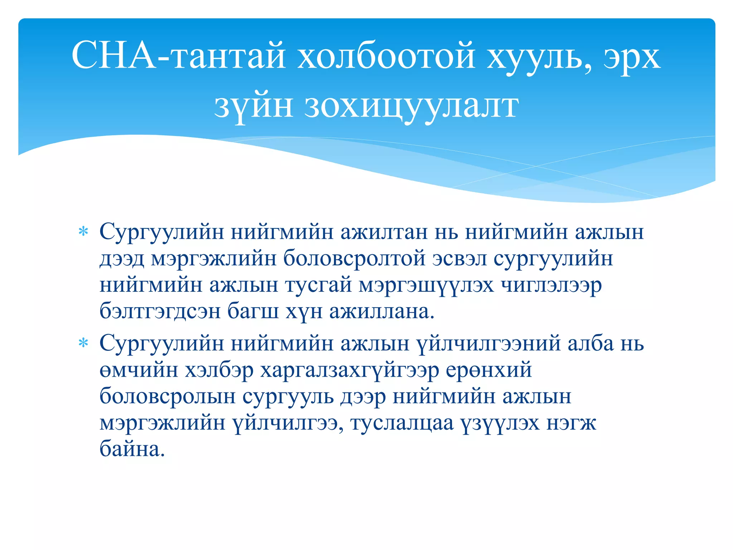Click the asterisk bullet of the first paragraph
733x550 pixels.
click(83, 232)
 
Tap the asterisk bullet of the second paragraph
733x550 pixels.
click(83, 343)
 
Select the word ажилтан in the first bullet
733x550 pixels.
click(384, 232)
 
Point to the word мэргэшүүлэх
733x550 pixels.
click(426, 285)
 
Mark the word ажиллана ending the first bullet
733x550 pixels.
click(382, 312)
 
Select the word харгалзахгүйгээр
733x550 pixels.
click(349, 370)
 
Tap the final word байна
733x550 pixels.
click(132, 449)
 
